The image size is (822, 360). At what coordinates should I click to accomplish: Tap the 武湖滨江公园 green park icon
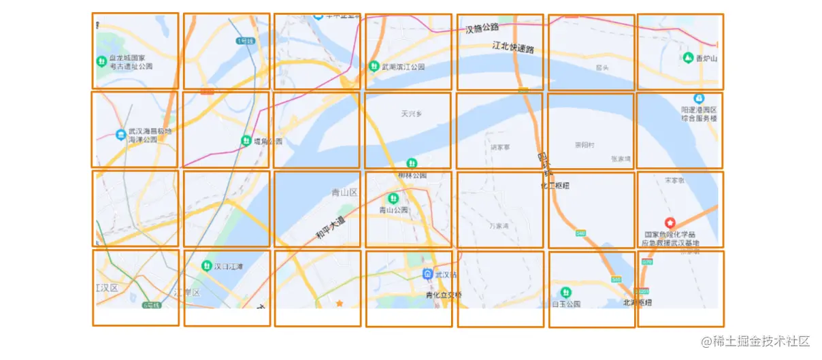pos(374,67)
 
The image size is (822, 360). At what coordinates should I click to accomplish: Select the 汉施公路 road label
pos(482,29)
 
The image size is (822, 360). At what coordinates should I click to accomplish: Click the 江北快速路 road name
pos(513,47)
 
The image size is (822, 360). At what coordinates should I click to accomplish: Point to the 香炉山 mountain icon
pos(689,58)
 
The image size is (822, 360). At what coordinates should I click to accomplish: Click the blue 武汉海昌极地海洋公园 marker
pos(121,134)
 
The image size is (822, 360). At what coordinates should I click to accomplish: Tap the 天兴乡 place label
pos(412,114)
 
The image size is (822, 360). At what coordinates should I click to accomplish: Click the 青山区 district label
pos(344,193)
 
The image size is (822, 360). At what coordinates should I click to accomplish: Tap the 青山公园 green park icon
pos(393,199)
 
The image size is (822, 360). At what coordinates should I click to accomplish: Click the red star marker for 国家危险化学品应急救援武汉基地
pos(670,223)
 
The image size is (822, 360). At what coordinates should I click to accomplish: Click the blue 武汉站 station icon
pos(427,274)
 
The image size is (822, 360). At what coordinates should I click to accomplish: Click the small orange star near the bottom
pos(339,304)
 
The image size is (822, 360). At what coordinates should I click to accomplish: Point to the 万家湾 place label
pos(499,225)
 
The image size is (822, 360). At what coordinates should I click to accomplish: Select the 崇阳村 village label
pos(585,145)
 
